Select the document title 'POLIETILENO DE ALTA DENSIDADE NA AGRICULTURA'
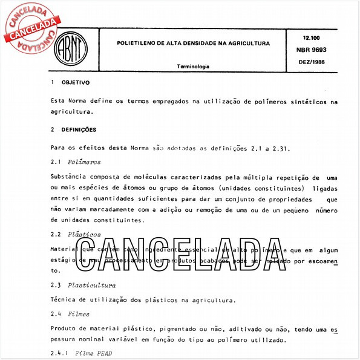click(194, 44)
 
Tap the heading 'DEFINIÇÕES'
click(79, 129)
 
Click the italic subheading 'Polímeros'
click(84, 162)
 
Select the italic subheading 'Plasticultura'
click(91, 284)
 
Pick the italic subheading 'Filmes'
click(80, 313)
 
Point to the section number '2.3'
click(56, 284)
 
